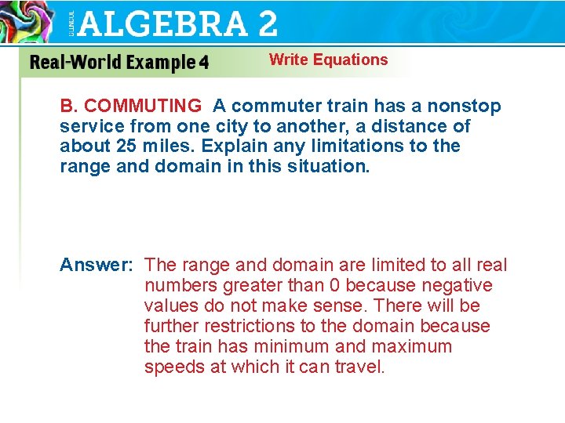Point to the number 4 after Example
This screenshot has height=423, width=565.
(x=203, y=63)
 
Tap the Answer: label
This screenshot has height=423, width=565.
(x=96, y=266)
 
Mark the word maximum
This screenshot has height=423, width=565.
(x=407, y=347)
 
